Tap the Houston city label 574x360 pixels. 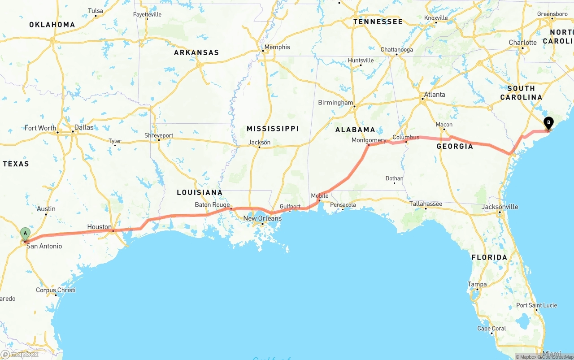tap(99, 227)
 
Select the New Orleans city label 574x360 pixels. tap(262, 218)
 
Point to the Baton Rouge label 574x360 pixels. tap(212, 205)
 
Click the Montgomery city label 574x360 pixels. tap(369, 140)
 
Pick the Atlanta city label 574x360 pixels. tap(435, 95)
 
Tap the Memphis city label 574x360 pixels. tap(277, 47)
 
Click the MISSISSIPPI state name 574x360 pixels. tap(273, 129)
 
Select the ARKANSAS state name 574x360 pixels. tap(196, 52)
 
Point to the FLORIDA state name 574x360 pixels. tap(489, 257)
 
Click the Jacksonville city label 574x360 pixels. tap(500, 207)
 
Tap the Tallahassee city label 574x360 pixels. tap(426, 204)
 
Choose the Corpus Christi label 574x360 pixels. tap(56, 290)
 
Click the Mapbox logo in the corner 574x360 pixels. tap(20, 354)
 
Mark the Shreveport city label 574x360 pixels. tap(159, 135)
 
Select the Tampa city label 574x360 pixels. tap(477, 284)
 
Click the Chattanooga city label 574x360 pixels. tap(396, 50)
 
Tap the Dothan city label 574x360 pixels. tap(394, 178)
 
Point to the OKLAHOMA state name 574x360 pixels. tap(52, 25)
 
